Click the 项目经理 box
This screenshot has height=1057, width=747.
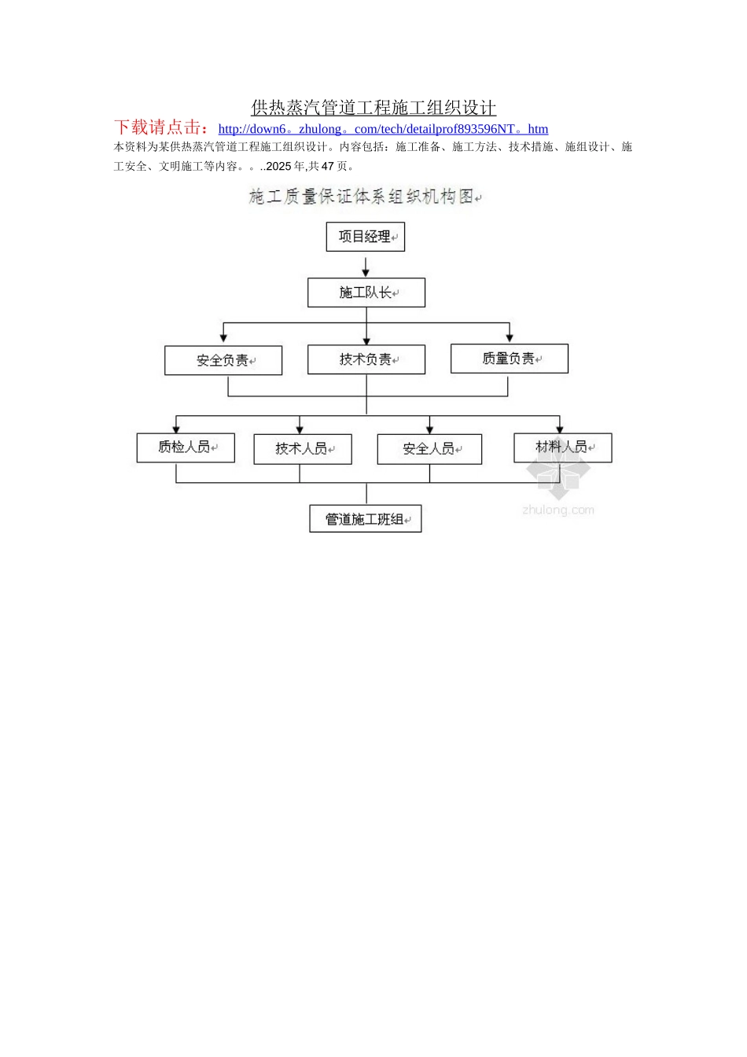365,237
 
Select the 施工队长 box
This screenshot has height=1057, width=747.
366,293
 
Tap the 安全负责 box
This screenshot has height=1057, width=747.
223,360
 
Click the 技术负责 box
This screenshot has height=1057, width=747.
366,359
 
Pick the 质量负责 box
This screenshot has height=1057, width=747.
509,359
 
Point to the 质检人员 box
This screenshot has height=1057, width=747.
186,447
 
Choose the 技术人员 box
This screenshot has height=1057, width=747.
302,449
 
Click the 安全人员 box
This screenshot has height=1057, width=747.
429,449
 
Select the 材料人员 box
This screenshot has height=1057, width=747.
562,447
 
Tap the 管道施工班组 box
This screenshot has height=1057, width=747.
365,519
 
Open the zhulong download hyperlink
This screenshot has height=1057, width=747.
383,129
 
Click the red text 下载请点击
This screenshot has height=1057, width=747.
162,127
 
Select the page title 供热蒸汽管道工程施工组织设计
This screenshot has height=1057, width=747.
373,108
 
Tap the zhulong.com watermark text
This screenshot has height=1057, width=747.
558,510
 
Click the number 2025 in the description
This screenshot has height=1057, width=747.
278,167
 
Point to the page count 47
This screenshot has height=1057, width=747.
328,167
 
